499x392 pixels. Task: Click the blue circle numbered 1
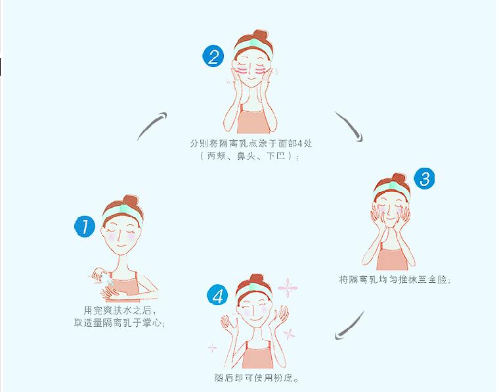point(85,227)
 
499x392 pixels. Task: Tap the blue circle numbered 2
point(213,56)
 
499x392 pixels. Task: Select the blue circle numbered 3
point(425,178)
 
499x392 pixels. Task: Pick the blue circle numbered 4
point(217,295)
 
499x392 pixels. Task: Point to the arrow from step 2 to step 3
point(350,126)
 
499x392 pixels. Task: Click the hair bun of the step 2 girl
point(260,36)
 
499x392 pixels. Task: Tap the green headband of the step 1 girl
point(123,211)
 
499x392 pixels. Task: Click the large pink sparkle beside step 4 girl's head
point(288,287)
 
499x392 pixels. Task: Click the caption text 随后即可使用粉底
point(257,378)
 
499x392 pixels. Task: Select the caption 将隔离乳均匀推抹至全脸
point(395,280)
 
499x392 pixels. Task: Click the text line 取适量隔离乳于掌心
point(119,323)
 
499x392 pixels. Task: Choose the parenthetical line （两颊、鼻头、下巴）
point(249,156)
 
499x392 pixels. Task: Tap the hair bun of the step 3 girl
point(399,179)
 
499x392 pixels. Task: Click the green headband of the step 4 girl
point(255,289)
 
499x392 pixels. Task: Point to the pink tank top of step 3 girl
point(392,258)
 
